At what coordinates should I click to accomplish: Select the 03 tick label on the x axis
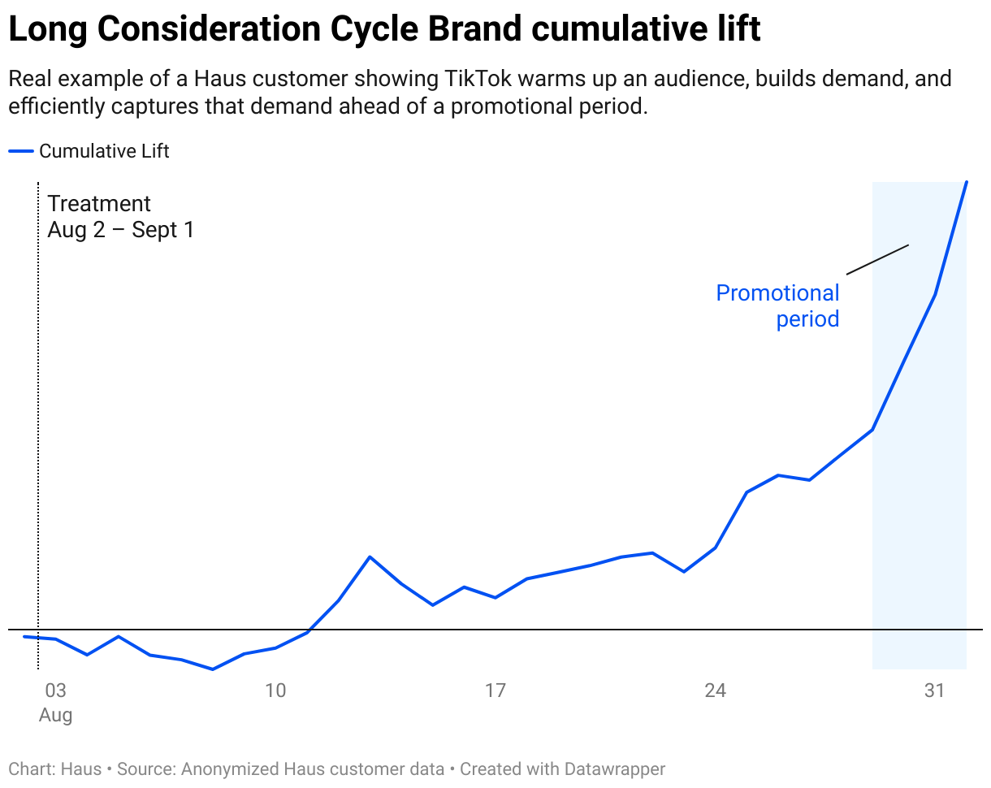(55, 691)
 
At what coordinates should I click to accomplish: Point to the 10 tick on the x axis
(275, 691)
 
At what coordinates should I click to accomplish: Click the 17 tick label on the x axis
(495, 691)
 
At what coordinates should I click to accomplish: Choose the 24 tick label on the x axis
(715, 691)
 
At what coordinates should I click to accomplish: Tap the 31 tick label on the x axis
(935, 691)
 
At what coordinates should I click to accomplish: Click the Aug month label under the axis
(55, 716)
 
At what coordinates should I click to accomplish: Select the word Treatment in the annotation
(99, 204)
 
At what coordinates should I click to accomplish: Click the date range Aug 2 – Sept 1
(121, 230)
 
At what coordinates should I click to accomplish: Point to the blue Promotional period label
(777, 305)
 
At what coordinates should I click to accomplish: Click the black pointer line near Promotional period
(877, 259)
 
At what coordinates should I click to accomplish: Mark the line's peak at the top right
(966, 182)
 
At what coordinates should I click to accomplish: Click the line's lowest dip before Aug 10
(213, 669)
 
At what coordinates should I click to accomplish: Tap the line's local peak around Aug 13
(370, 556)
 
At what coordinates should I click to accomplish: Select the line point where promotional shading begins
(872, 430)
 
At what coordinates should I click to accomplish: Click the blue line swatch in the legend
(21, 151)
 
